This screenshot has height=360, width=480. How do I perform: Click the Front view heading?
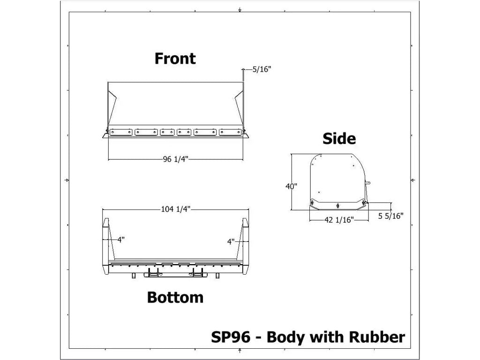click(x=175, y=59)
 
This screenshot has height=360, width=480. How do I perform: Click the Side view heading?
click(x=339, y=139)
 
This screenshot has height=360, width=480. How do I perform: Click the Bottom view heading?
click(x=175, y=298)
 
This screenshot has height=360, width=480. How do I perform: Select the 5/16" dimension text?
click(x=262, y=69)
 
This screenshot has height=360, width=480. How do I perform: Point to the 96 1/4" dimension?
click(x=175, y=159)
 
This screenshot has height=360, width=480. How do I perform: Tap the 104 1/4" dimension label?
click(x=175, y=209)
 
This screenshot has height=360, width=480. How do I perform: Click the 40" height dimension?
click(x=291, y=186)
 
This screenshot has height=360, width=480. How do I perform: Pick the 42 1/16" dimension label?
click(x=339, y=219)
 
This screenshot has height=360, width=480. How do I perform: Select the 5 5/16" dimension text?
click(x=390, y=216)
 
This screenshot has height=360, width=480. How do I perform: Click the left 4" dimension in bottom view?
click(x=121, y=240)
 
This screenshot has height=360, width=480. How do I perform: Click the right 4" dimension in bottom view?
click(x=231, y=242)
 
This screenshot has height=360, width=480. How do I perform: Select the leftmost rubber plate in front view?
click(x=121, y=133)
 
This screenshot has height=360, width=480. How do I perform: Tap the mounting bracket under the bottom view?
click(x=175, y=273)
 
